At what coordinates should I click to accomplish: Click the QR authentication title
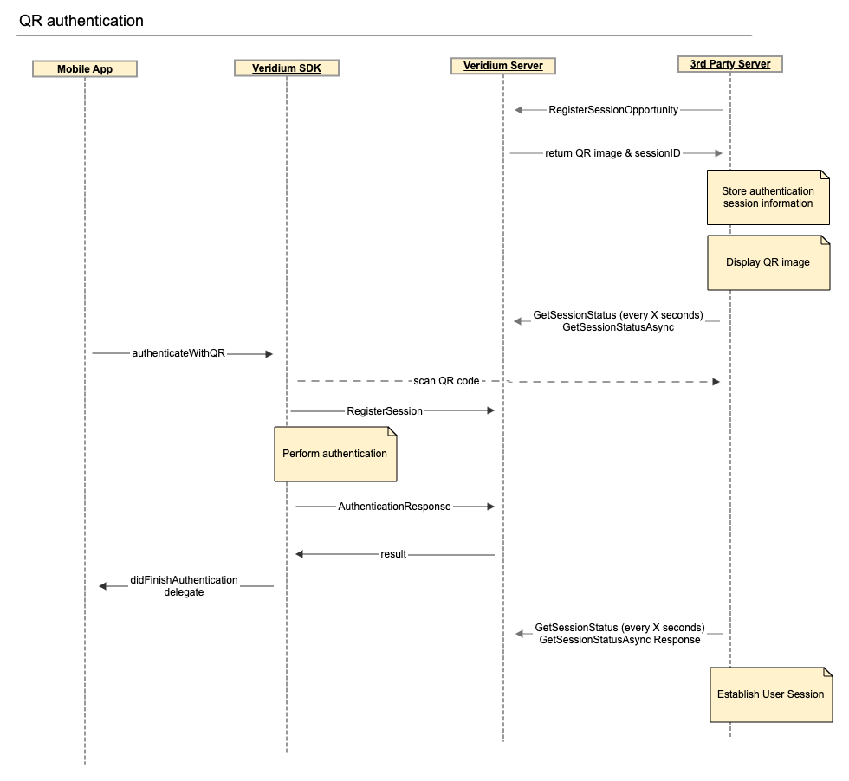pos(81,21)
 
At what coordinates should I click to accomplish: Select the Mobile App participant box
pos(85,68)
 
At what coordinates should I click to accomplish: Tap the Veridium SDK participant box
pos(287,68)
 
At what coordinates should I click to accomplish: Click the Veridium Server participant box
pos(503,65)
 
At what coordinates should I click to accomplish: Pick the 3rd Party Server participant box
pos(730,63)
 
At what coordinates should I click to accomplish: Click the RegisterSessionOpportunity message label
pos(613,110)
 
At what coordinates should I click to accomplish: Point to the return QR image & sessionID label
pos(612,153)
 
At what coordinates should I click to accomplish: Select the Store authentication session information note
pos(768,197)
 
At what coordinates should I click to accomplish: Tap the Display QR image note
pos(768,262)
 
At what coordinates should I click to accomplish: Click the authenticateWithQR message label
pos(178,353)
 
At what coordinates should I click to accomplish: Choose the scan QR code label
pos(446,381)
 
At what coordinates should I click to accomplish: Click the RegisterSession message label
pos(385,411)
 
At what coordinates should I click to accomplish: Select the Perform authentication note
pos(335,454)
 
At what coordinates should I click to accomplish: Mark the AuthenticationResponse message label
pos(394,507)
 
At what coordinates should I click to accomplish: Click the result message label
pos(393,554)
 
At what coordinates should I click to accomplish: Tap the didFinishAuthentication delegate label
pos(184,586)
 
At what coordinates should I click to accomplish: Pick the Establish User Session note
pos(770,694)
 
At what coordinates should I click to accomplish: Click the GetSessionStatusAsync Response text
pos(619,640)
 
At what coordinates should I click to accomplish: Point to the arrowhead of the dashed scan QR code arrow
pos(716,382)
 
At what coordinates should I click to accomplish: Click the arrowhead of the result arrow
pos(300,554)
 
